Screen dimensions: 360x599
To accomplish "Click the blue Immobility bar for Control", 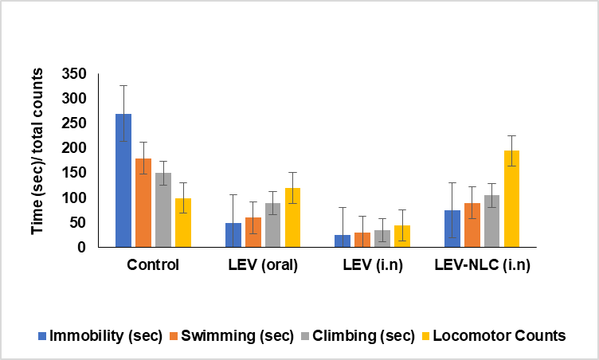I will tap(123, 181).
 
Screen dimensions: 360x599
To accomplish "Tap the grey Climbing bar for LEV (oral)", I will tap(272, 225).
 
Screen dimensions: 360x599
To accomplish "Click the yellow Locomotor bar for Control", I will tap(183, 223).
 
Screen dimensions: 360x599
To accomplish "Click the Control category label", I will tap(153, 265).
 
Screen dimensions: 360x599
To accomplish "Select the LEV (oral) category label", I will tap(262, 265).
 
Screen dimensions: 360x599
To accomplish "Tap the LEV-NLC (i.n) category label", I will tap(483, 265).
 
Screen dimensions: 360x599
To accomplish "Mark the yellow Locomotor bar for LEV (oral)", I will tap(292, 217).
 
